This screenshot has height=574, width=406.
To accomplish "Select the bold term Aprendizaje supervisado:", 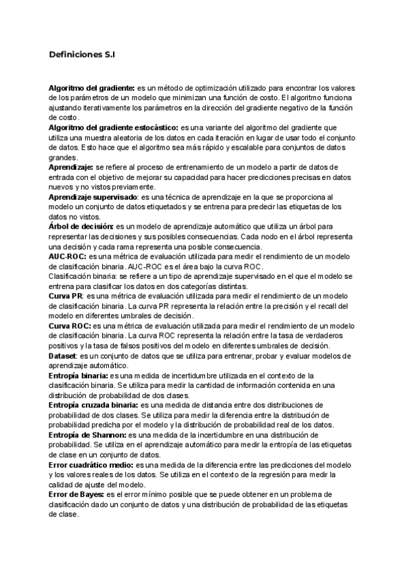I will point(91,196).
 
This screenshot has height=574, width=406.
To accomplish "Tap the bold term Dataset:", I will point(63,355).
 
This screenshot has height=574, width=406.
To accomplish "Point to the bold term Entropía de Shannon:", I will point(87,435).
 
